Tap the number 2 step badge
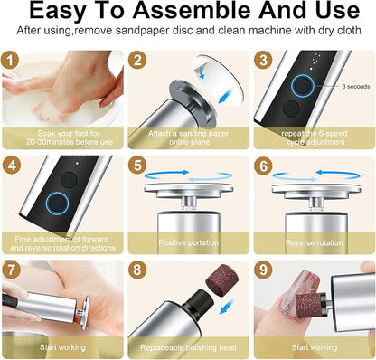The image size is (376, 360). click(138, 60)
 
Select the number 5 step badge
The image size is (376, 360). click(138, 166)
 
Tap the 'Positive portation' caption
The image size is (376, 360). click(187, 242)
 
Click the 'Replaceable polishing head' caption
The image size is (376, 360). click(187, 346)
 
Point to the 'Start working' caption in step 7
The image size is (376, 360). click(61, 346)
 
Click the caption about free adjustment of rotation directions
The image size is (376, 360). click(61, 242)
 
